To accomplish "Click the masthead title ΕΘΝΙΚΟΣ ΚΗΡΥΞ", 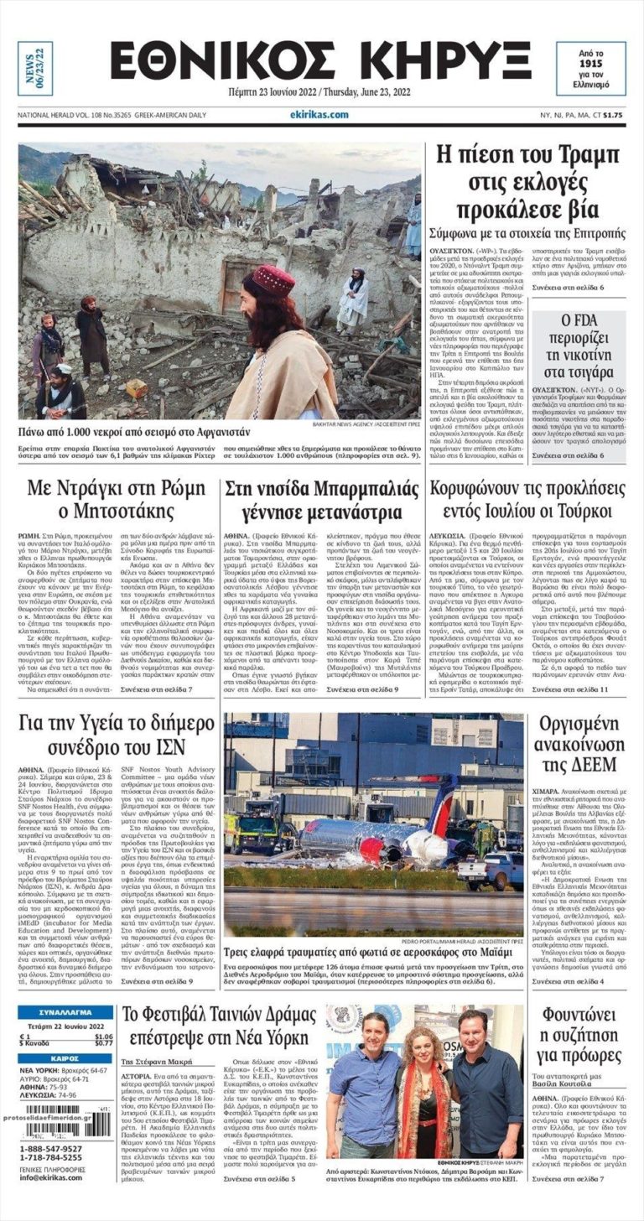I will coord(321,62).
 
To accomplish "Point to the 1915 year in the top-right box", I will coord(590,63).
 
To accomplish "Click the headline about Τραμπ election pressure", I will coord(527,182).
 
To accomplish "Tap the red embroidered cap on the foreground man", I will coord(273,282).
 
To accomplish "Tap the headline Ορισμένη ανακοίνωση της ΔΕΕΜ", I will coord(579,744).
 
